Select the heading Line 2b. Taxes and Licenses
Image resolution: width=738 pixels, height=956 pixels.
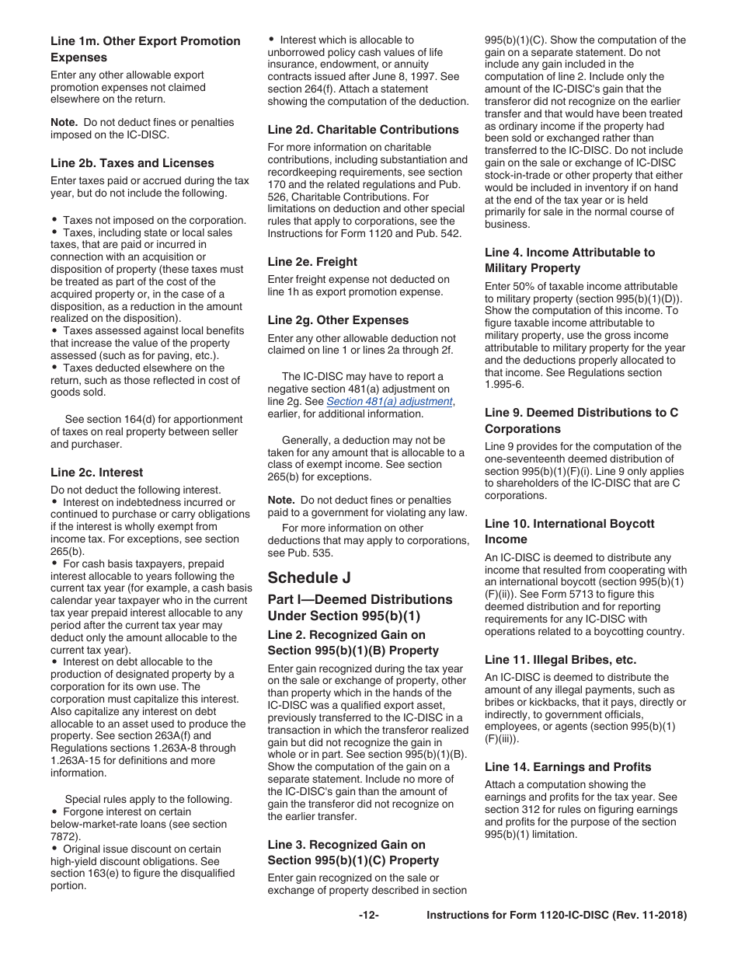click(x=132, y=163)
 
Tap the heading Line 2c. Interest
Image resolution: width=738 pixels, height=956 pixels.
click(x=96, y=473)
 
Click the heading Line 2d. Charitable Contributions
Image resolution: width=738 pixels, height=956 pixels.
click(x=363, y=130)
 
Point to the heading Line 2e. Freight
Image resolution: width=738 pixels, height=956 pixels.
click(x=312, y=262)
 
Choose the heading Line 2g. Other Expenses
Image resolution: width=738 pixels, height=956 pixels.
click(x=338, y=320)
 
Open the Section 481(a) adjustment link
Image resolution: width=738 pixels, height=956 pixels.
click(x=389, y=402)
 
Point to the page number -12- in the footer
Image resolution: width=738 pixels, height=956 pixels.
click(x=368, y=916)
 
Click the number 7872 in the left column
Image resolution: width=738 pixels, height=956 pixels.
click(x=63, y=837)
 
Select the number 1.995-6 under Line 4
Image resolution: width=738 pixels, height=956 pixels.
click(x=504, y=385)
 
